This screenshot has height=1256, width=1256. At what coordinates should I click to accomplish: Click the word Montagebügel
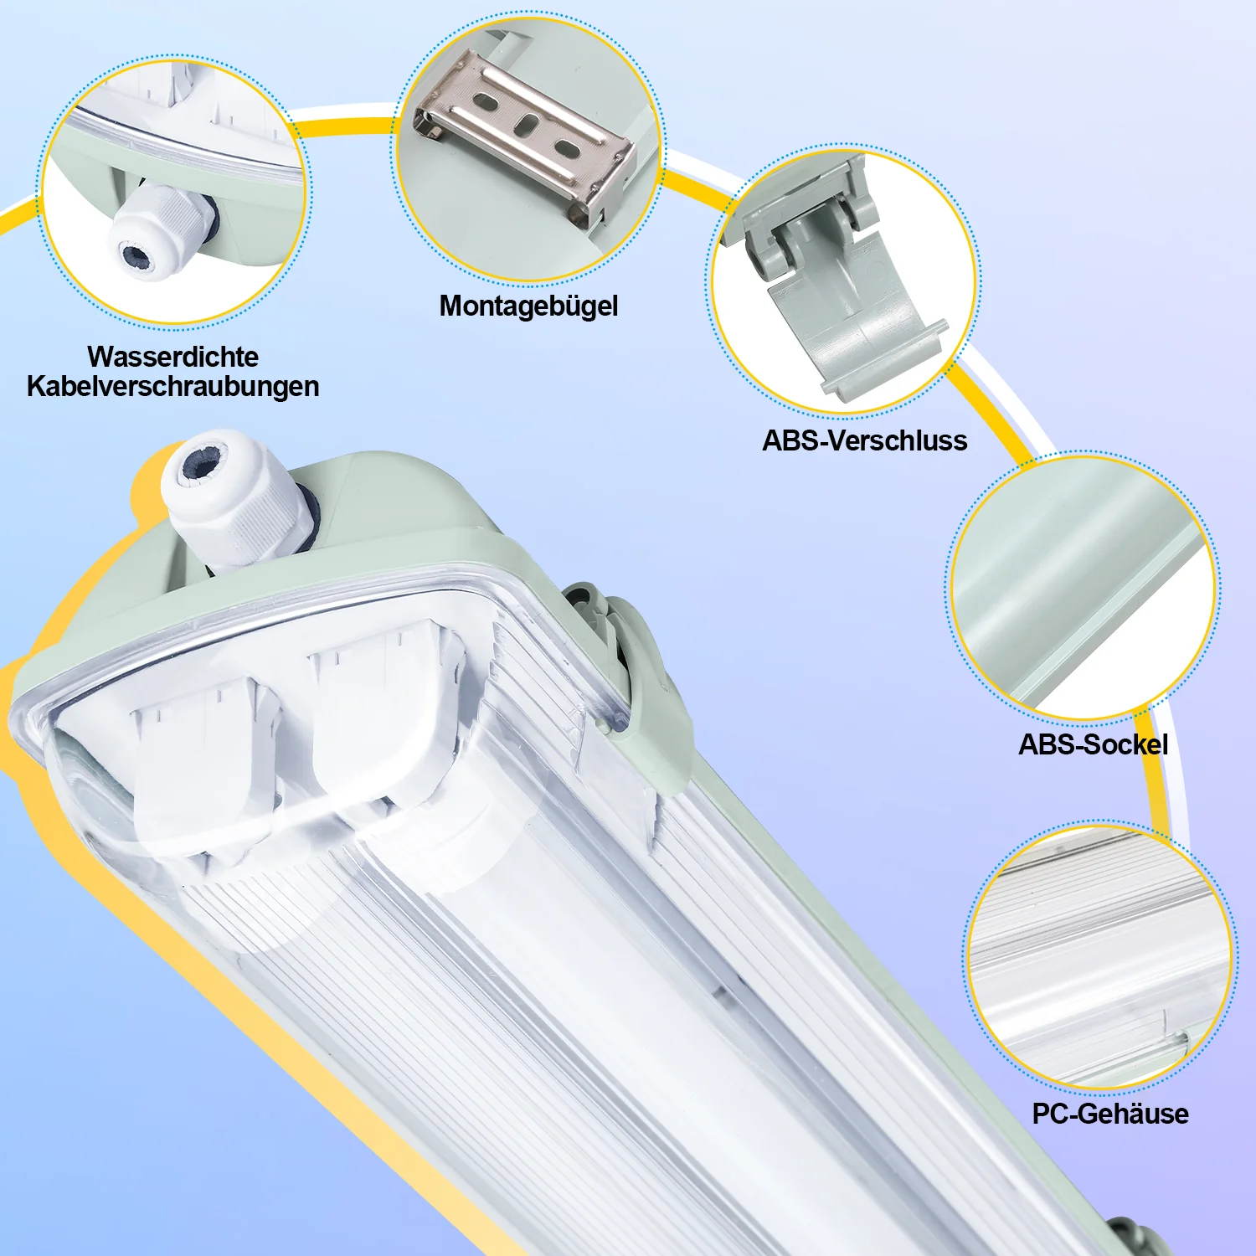[x=528, y=306]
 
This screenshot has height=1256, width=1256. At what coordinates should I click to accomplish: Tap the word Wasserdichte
[x=172, y=357]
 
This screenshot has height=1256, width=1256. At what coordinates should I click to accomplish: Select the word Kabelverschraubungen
[x=172, y=387]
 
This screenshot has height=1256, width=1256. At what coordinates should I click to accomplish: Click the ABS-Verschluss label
[x=864, y=440]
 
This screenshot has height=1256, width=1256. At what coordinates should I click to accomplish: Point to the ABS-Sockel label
[x=1093, y=744]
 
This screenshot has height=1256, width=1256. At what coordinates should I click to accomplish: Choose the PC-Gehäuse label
[x=1109, y=1114]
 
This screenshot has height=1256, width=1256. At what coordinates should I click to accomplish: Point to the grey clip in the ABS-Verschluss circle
[x=837, y=285]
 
